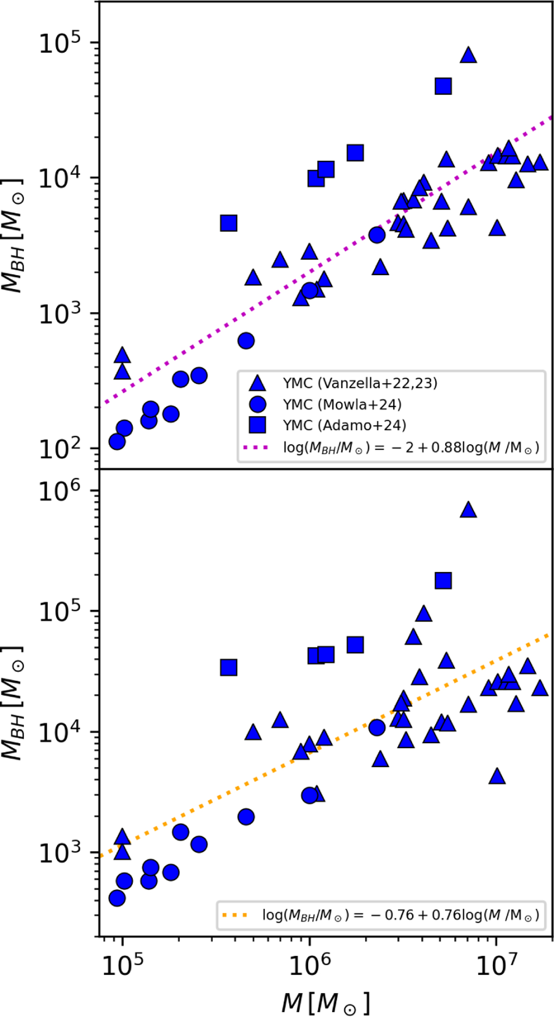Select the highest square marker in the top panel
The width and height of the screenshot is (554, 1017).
point(443,86)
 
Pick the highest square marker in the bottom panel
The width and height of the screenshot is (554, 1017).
point(443,580)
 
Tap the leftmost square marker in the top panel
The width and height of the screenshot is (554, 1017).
point(229,223)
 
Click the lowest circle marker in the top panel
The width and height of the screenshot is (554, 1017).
point(117,442)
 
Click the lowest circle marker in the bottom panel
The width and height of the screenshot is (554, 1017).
point(117,898)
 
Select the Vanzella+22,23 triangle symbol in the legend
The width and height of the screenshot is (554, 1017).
point(257,383)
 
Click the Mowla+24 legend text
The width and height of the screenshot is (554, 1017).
point(342,404)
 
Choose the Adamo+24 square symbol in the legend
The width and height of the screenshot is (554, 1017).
point(257,425)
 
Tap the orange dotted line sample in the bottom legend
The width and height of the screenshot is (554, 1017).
point(235,914)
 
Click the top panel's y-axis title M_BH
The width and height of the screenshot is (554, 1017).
point(13,235)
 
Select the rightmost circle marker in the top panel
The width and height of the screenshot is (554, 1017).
point(377,235)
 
